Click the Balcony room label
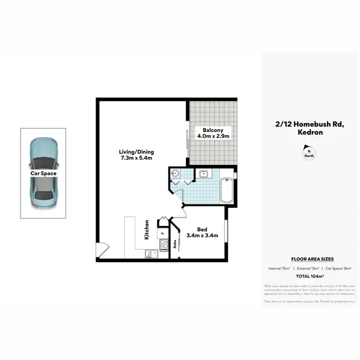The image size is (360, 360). pyautogui.click(x=212, y=130)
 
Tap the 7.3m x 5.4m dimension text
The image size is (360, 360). pyautogui.click(x=137, y=158)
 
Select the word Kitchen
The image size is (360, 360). pyautogui.click(x=147, y=229)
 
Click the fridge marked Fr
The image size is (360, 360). pyautogui.click(x=163, y=234)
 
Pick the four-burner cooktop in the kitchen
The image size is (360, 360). pyautogui.click(x=164, y=245)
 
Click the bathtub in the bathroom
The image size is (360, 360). pyautogui.click(x=227, y=191)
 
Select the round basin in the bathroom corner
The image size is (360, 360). pyautogui.click(x=174, y=174)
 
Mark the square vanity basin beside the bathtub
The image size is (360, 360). pyautogui.click(x=203, y=173)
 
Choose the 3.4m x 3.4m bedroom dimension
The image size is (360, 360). pyautogui.click(x=202, y=235)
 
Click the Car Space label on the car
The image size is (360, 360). pyautogui.click(x=43, y=173)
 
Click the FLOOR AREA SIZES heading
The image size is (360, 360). pyautogui.click(x=309, y=259)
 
